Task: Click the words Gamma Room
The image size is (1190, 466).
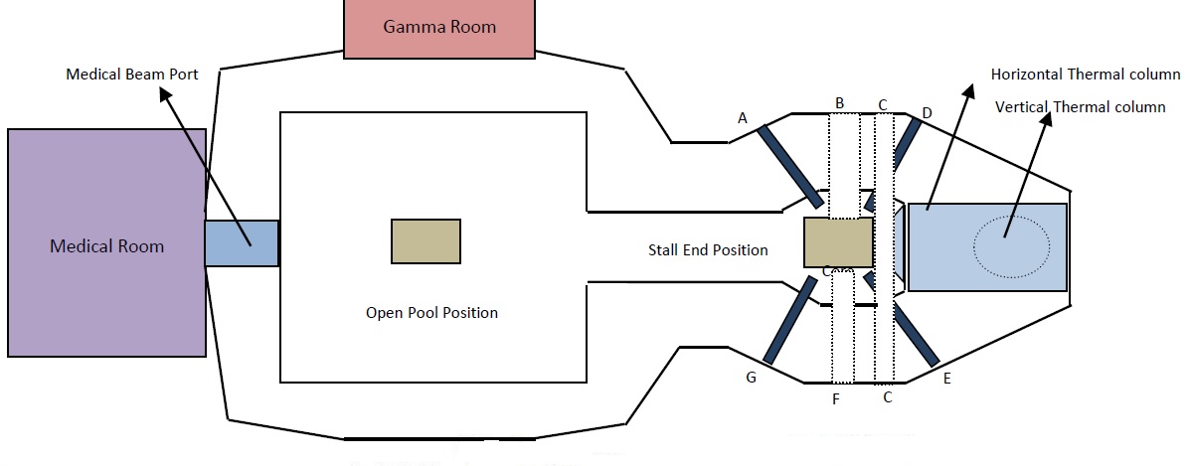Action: tap(439, 27)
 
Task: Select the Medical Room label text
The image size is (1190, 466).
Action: tap(106, 246)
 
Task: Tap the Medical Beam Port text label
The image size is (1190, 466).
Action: tap(132, 75)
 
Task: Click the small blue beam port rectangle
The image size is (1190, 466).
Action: tap(242, 243)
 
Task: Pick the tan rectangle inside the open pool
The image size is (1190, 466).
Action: tap(425, 241)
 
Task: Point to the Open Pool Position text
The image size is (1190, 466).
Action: tap(431, 312)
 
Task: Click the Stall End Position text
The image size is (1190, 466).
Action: tap(708, 249)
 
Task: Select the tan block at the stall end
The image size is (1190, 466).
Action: tap(838, 243)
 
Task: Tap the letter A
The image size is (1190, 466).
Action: tap(743, 118)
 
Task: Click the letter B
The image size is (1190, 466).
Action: tap(840, 102)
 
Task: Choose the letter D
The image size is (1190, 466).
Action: tap(927, 114)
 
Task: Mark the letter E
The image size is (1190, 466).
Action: tap(946, 379)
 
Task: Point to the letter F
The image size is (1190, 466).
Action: tap(836, 399)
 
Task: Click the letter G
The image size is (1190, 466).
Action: tap(752, 379)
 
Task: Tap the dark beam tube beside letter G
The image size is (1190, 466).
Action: tap(789, 320)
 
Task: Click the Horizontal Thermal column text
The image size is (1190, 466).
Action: tap(1086, 75)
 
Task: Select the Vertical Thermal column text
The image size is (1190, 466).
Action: tap(1080, 107)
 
